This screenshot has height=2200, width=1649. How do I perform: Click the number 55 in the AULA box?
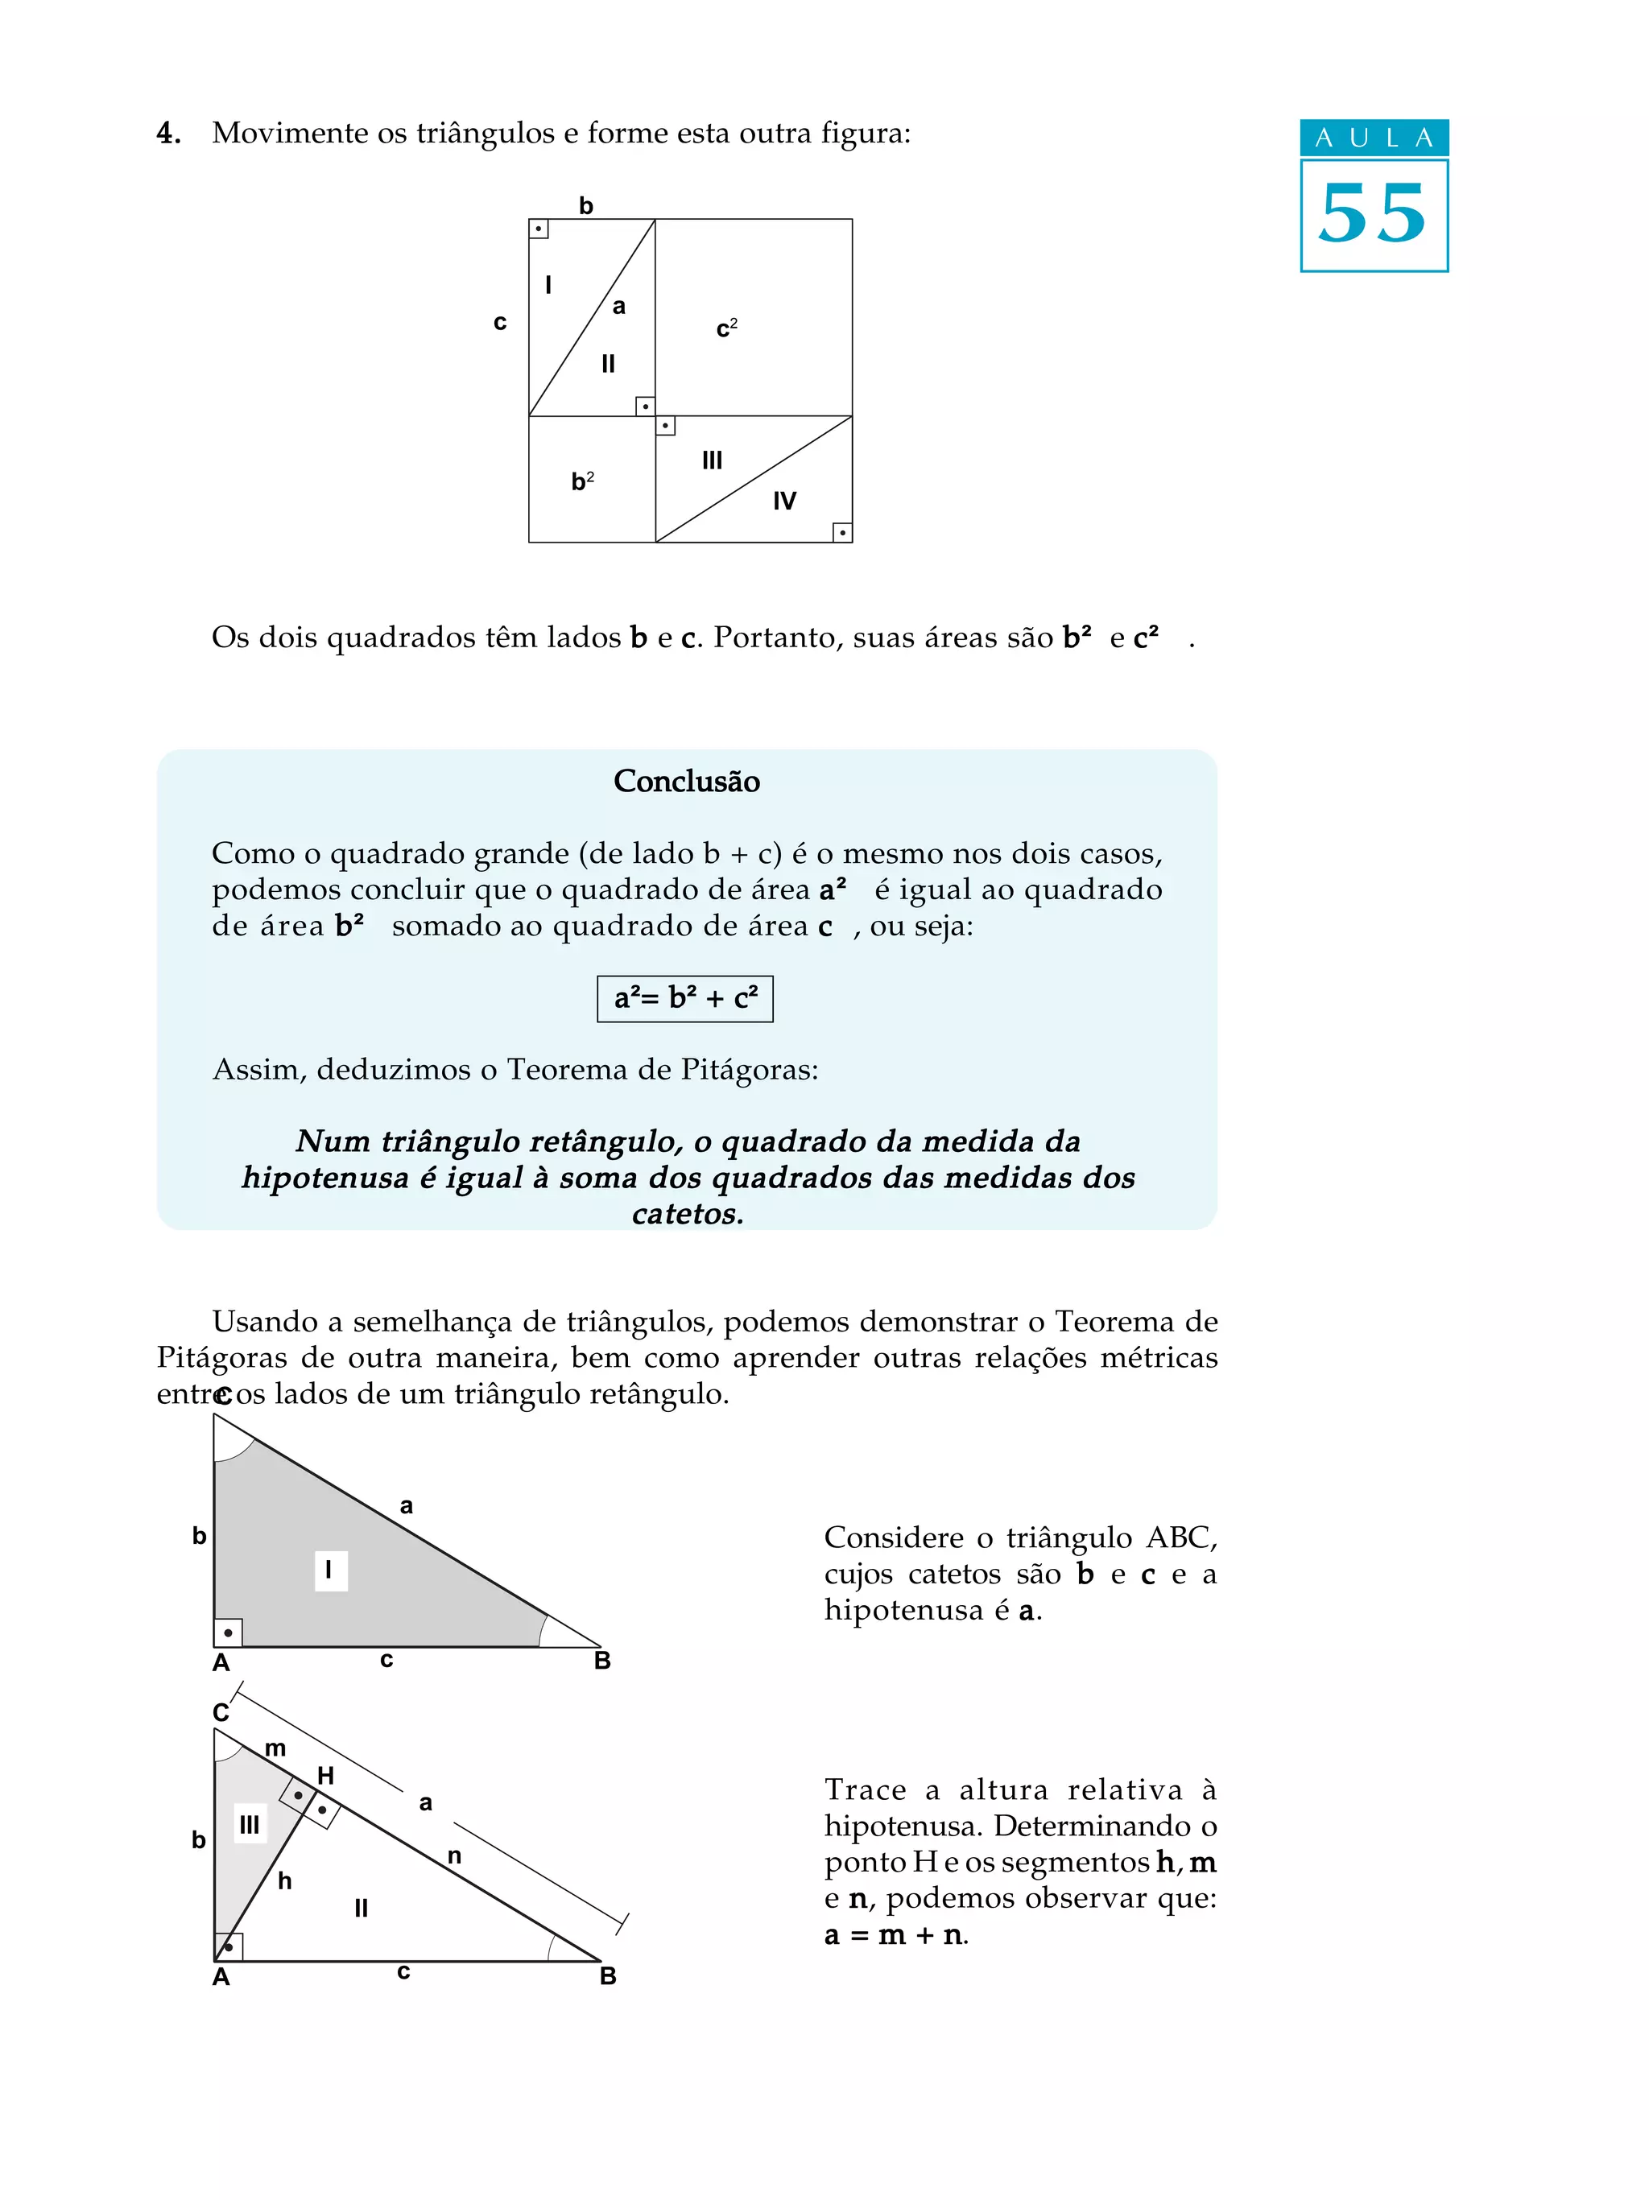coord(1373,215)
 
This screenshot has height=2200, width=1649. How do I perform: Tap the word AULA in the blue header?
coord(1374,138)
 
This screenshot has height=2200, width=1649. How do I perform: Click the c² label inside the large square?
coord(726,328)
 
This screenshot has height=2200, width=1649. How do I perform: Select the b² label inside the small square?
coord(582,481)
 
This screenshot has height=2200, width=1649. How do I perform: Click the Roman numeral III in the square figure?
coord(712,460)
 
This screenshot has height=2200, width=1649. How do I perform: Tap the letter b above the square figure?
coord(586,206)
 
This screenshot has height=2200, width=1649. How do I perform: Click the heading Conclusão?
coord(686,782)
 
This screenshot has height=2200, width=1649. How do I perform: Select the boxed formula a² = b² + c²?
coord(684,998)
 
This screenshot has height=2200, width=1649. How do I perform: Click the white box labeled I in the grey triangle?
coord(330,1571)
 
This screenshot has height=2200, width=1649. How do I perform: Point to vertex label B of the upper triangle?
coord(601,1660)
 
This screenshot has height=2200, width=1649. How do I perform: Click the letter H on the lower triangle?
coord(325,1775)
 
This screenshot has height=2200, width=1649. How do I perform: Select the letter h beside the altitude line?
coord(284,1880)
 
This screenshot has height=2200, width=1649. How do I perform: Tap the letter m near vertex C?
coord(275,1748)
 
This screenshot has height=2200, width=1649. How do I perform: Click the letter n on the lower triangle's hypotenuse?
coord(454,1856)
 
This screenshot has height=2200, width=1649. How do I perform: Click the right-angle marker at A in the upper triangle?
coord(228,1632)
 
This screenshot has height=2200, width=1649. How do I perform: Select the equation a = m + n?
coord(895,1935)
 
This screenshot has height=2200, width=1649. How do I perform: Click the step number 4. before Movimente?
coord(168,134)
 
